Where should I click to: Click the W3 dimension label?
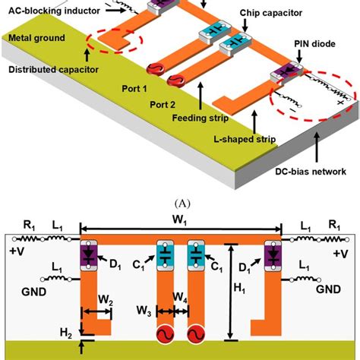pyautogui.click(x=144, y=310)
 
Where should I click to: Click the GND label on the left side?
pyautogui.click(x=27, y=290)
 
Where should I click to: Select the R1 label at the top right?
pyautogui.click(x=333, y=226)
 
